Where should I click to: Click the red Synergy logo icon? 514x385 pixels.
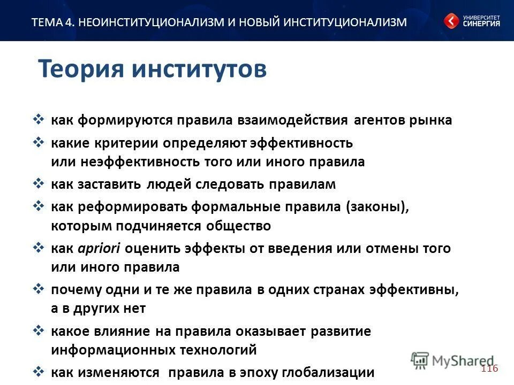(451, 21)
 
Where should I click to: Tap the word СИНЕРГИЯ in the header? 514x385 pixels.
(481, 24)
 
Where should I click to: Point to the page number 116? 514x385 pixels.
(489, 369)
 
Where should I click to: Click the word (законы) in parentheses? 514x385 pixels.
(377, 207)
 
